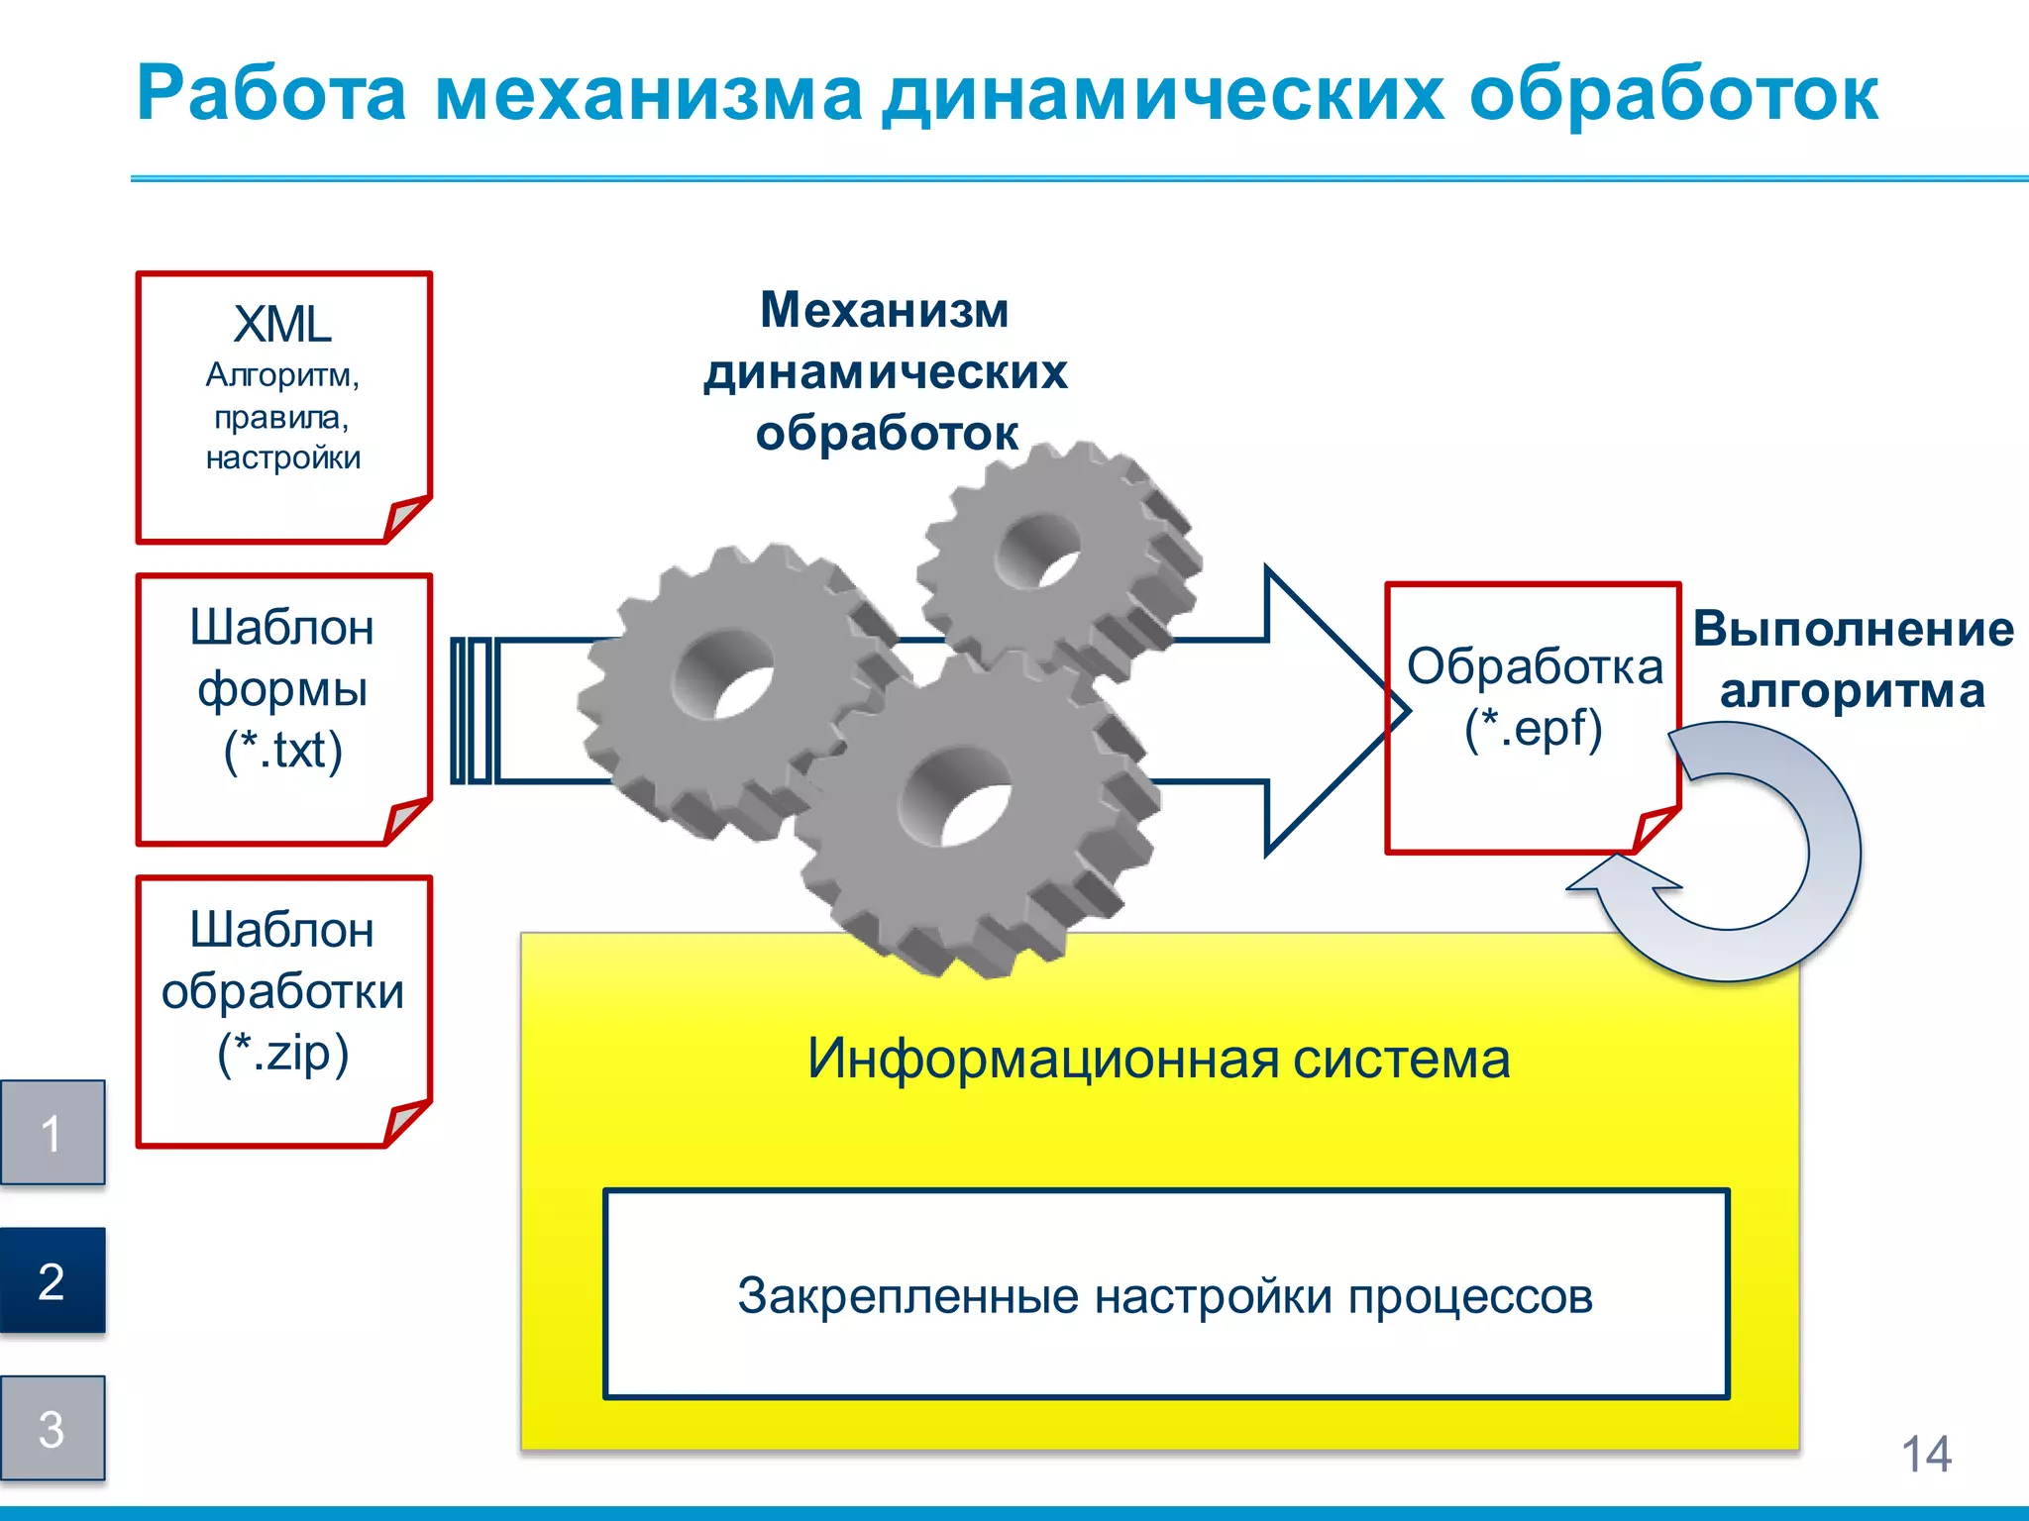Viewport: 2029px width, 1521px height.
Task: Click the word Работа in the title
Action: pos(270,95)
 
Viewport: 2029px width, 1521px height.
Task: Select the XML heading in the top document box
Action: pos(282,325)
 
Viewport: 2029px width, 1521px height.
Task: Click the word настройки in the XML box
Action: pos(283,458)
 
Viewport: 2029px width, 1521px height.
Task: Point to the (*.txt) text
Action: pos(283,750)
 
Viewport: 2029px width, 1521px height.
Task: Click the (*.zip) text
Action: pos(283,1052)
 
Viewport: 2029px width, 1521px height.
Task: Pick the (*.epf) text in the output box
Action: pos(1533,729)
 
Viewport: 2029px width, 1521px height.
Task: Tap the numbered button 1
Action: pos(52,1133)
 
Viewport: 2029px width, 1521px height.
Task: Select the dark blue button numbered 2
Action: pos(52,1280)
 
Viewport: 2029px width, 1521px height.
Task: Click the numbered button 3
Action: pos(52,1428)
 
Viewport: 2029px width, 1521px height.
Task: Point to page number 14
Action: pos(1925,1455)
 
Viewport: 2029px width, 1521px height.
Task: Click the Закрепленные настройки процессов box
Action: pos(1166,1295)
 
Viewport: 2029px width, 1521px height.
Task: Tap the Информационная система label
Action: pos(1158,1059)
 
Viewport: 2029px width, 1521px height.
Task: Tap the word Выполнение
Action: pos(1853,630)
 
